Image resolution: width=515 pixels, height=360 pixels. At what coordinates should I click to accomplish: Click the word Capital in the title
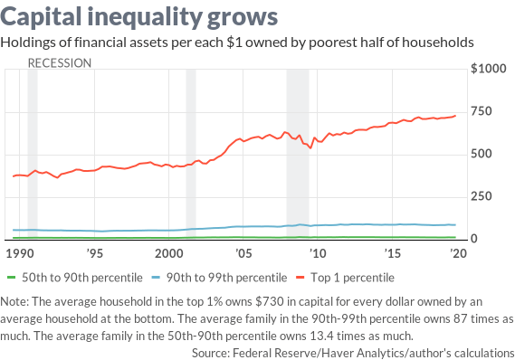point(41,17)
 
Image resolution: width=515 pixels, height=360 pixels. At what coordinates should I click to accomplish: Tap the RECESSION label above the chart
point(60,63)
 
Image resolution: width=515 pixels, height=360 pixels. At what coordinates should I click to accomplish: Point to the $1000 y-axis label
point(489,69)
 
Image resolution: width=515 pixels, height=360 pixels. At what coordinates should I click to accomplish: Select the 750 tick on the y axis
point(482,111)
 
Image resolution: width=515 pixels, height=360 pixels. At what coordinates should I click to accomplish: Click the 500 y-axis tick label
point(482,154)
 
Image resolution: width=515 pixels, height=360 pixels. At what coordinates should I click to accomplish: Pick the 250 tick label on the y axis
point(482,196)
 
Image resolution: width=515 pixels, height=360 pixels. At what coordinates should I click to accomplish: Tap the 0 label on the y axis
point(474,239)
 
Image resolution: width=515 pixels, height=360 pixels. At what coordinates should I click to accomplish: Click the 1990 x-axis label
point(20,253)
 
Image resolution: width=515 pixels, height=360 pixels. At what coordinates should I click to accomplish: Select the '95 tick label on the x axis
point(95,253)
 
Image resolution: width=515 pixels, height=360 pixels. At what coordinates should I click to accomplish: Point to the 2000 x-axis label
point(169,253)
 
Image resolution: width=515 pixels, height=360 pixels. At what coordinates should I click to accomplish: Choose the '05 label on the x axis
point(243,253)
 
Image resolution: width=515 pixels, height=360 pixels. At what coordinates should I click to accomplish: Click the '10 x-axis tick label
point(318,253)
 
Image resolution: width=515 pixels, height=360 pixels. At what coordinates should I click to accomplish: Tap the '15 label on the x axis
point(392,253)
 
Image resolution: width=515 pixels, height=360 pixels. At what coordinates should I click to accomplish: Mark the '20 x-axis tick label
point(458,253)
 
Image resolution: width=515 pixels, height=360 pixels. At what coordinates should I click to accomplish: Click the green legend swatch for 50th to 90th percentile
point(12,278)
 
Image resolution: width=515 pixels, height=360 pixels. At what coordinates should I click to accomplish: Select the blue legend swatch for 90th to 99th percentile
point(156,278)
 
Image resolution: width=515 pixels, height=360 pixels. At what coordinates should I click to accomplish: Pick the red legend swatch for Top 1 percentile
point(300,278)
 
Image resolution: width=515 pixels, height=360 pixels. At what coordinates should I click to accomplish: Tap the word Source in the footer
point(211,353)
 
